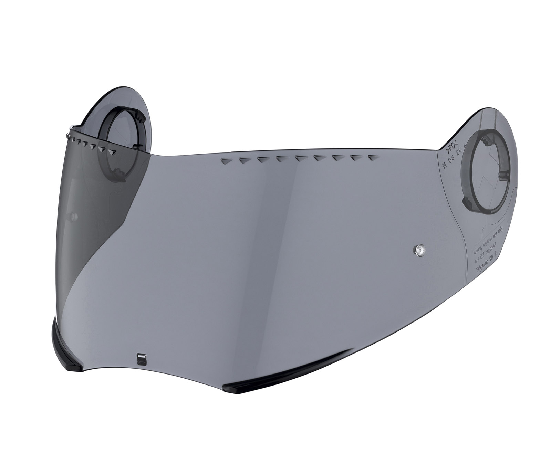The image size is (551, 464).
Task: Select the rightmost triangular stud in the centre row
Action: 371,158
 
